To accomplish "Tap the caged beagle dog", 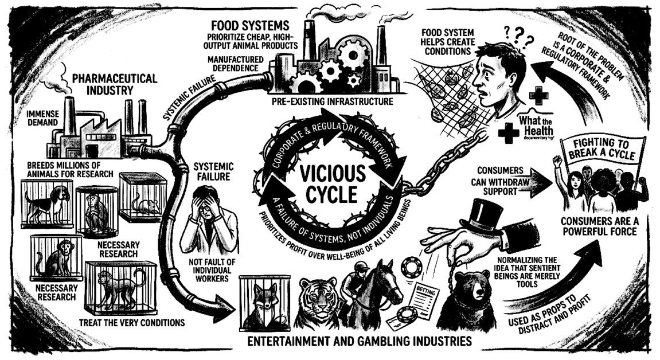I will (x=46, y=204).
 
